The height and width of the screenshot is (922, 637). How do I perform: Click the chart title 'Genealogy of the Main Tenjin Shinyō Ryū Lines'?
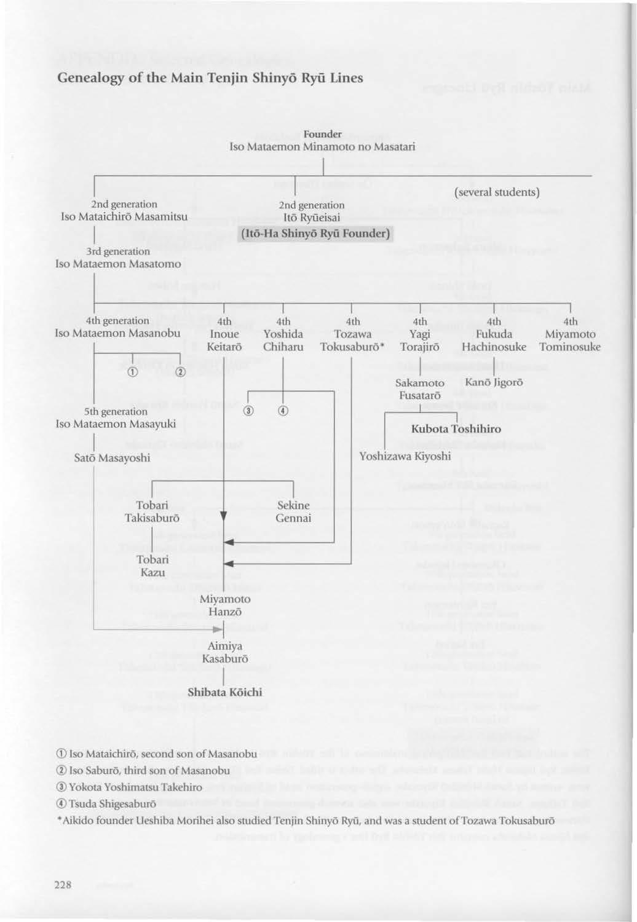point(210,78)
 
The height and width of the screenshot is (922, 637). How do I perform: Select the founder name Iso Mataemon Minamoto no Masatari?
point(322,147)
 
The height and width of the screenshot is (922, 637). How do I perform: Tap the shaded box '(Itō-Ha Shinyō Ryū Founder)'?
point(314,234)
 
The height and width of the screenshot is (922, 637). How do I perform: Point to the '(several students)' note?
point(496,192)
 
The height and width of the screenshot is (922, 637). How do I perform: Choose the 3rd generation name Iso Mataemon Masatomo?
point(118,264)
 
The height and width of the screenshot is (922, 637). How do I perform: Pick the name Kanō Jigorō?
point(494,382)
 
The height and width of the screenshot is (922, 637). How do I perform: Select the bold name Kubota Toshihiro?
point(456,429)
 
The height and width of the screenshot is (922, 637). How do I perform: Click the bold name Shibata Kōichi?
point(224,692)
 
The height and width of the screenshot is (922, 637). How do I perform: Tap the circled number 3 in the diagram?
point(248,411)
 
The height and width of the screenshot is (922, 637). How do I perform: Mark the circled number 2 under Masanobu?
point(180,372)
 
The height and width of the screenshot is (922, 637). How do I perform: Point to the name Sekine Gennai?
point(293,511)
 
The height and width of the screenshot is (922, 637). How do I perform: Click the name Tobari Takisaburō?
point(152,511)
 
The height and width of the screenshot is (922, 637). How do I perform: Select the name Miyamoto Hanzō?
point(225,605)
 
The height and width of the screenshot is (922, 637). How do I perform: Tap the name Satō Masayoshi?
point(112,458)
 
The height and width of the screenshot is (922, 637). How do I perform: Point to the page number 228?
point(63,885)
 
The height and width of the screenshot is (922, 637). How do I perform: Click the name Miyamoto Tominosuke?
point(570,341)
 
